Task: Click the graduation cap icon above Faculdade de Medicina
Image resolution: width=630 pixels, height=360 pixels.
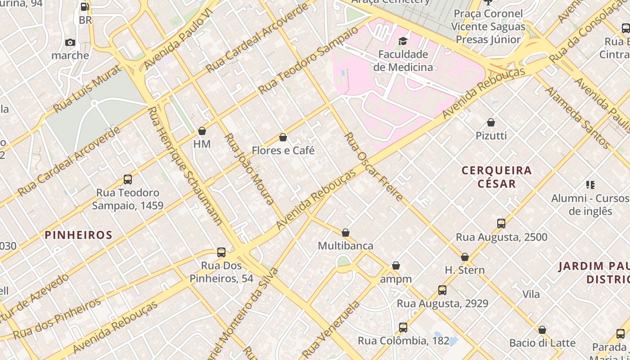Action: coord(403,41)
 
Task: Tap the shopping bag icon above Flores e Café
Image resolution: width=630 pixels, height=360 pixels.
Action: coord(283,137)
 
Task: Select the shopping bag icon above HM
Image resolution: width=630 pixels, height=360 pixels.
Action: coord(202,131)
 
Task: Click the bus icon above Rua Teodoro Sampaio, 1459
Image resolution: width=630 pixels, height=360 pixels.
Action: coord(128,180)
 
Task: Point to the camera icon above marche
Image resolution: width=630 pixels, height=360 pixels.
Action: coord(70,43)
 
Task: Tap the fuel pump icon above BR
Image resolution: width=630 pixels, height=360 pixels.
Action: coord(85,7)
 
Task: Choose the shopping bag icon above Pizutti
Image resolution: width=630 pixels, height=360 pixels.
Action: coord(491,122)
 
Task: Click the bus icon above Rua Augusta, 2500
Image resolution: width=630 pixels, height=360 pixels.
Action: coord(501,224)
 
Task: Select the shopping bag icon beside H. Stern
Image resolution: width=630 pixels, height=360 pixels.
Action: coord(465,257)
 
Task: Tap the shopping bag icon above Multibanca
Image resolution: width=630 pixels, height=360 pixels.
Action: coord(346,233)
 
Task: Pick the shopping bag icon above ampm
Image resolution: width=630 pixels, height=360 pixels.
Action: coord(396,265)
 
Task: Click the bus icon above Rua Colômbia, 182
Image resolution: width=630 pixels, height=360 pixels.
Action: coord(403,328)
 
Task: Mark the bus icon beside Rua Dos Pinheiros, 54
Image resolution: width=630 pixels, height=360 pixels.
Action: coord(221,252)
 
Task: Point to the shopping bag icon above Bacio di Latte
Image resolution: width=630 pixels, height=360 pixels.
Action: coord(542,330)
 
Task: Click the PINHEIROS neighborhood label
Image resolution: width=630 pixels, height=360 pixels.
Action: coord(78,235)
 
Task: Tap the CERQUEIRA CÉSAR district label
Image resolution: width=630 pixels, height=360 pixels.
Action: coord(497,177)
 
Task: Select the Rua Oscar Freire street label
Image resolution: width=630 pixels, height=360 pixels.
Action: coord(373,166)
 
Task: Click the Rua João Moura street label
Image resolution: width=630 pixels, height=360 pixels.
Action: coord(249,169)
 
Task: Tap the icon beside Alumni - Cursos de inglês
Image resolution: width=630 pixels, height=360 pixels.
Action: coord(590,185)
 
